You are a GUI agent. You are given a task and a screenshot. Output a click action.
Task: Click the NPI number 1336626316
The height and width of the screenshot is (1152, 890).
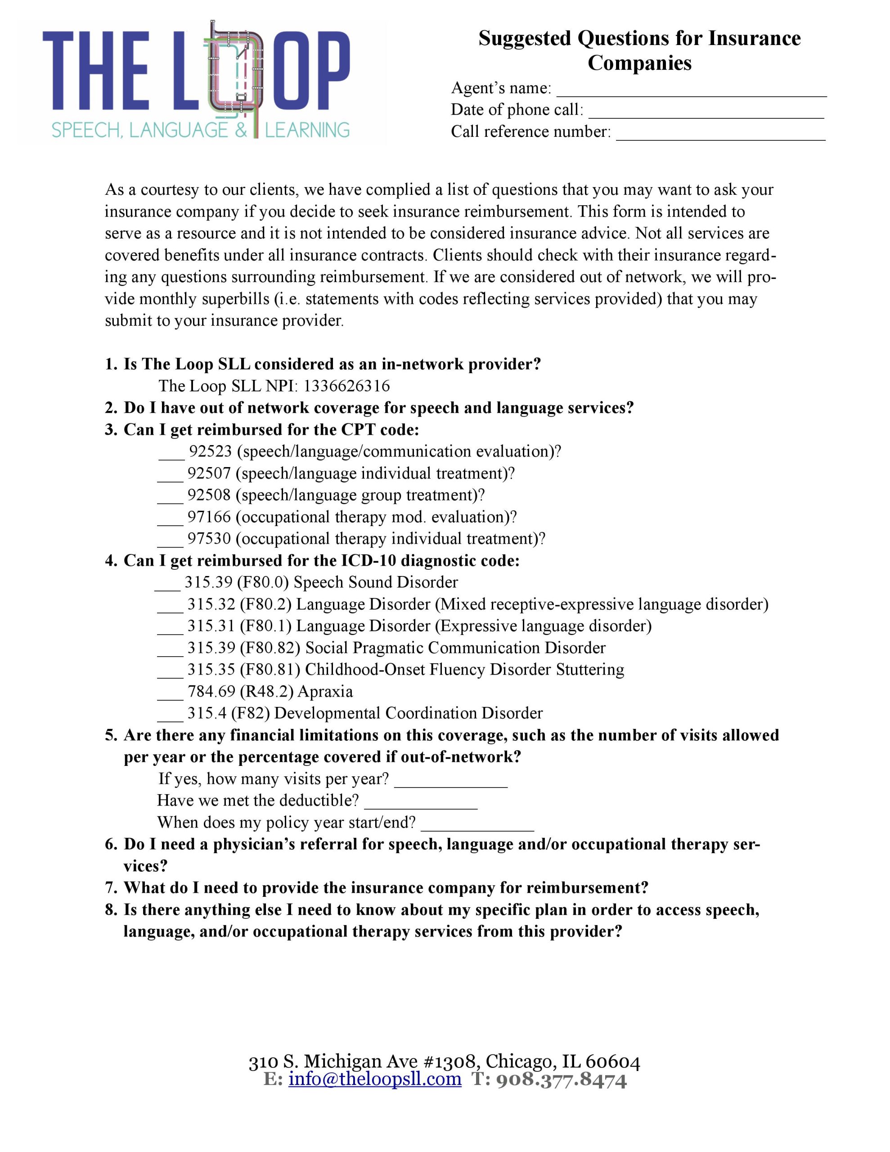pos(346,386)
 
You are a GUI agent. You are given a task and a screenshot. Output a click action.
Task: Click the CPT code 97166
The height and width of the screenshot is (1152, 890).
pos(209,517)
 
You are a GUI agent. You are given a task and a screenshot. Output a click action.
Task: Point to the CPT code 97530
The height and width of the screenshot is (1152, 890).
pos(209,539)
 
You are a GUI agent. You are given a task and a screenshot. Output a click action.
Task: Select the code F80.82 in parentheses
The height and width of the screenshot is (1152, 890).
pos(270,648)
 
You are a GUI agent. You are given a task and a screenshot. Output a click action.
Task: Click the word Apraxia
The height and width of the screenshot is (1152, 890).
pos(325,692)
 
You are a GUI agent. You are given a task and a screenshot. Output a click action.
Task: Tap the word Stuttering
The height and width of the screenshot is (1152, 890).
pos(590,669)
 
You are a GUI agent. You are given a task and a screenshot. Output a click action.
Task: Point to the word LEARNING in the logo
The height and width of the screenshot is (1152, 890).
pos(307,130)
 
